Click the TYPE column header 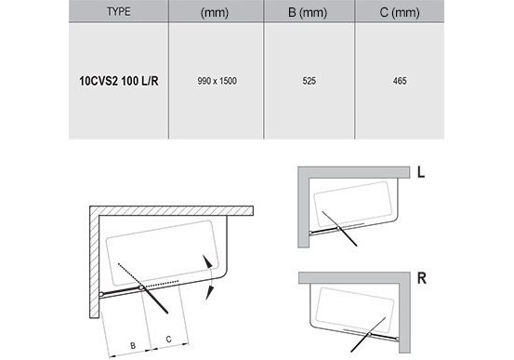click(119, 12)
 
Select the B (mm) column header click(308, 12)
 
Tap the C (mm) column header click(400, 12)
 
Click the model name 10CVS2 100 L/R click(119, 81)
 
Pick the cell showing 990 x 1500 click(217, 81)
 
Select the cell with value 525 click(309, 81)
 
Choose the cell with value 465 click(400, 81)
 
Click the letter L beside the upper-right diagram click(421, 172)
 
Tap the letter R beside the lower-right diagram click(422, 278)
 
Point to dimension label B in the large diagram click(133, 345)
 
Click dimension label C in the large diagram click(168, 339)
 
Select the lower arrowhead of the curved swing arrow click(209, 292)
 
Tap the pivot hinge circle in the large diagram click(141, 287)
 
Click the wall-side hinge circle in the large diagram click(101, 294)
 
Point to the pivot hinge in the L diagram click(337, 228)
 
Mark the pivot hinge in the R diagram click(369, 334)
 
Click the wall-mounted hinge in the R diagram click(398, 340)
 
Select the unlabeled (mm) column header click(215, 12)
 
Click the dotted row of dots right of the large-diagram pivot click(163, 284)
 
